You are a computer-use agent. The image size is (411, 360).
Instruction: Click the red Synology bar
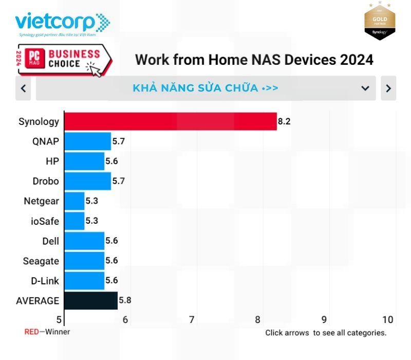(170, 121)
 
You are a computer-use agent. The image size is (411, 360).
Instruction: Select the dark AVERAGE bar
(91, 300)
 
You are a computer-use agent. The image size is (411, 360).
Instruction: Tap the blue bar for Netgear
(74, 201)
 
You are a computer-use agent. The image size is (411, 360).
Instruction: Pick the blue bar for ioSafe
(74, 221)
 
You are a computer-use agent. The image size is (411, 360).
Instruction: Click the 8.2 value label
(284, 121)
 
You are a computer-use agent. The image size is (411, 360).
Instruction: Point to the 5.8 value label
(125, 300)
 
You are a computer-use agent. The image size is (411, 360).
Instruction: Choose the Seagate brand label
(41, 261)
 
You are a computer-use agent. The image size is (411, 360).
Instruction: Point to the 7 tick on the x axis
(192, 320)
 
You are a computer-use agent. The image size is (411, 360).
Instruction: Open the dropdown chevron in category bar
(365, 88)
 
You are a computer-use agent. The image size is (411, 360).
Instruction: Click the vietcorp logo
(62, 24)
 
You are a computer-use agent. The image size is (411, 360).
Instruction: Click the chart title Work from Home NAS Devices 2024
(254, 60)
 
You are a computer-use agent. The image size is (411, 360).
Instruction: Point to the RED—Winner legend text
(47, 332)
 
